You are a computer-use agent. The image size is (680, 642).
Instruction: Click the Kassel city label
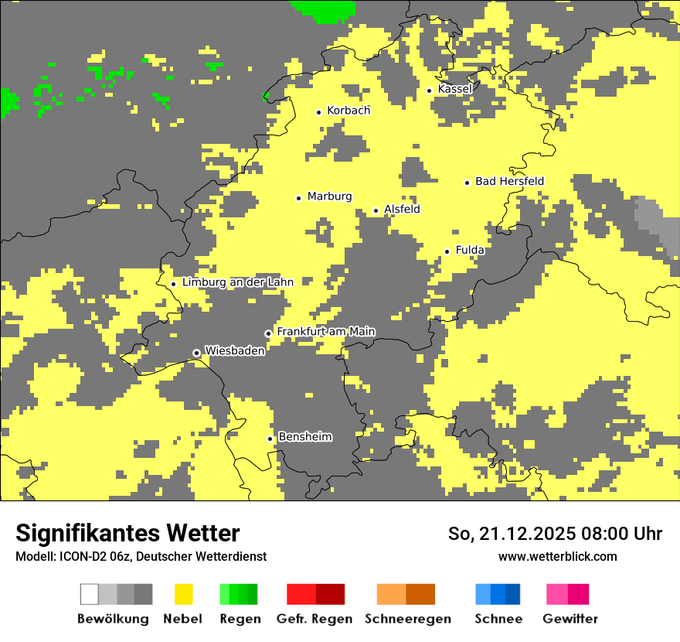[x=454, y=89]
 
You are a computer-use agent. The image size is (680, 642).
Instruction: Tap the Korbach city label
[x=348, y=111]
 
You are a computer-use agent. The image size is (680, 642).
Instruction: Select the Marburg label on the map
[x=329, y=196]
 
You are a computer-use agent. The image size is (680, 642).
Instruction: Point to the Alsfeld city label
[x=402, y=209]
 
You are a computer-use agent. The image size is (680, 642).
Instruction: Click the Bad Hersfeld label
[x=509, y=181]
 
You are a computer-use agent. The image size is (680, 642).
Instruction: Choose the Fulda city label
[x=470, y=250]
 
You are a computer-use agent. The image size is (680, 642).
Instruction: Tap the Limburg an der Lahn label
[x=237, y=282]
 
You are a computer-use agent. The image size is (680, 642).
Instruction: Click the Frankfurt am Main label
[x=325, y=332]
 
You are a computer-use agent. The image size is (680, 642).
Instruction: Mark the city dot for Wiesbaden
[x=197, y=353]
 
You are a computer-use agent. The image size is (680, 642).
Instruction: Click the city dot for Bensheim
[x=270, y=439]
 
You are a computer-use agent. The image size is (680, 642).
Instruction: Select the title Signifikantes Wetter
[x=127, y=533]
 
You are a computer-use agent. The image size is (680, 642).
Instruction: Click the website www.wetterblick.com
[x=557, y=556]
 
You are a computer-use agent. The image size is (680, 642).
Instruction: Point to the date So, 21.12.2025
[x=513, y=534]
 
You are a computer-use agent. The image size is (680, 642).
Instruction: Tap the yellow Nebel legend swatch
[x=183, y=594]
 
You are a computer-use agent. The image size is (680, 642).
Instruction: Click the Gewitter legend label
[x=570, y=619]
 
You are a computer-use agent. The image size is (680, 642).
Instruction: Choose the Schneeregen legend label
[x=407, y=619]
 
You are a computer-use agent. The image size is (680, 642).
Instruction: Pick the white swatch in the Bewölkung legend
[x=90, y=594]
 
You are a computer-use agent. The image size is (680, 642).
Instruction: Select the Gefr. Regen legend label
[x=314, y=619]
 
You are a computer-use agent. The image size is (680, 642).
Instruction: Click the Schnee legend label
[x=498, y=619]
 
